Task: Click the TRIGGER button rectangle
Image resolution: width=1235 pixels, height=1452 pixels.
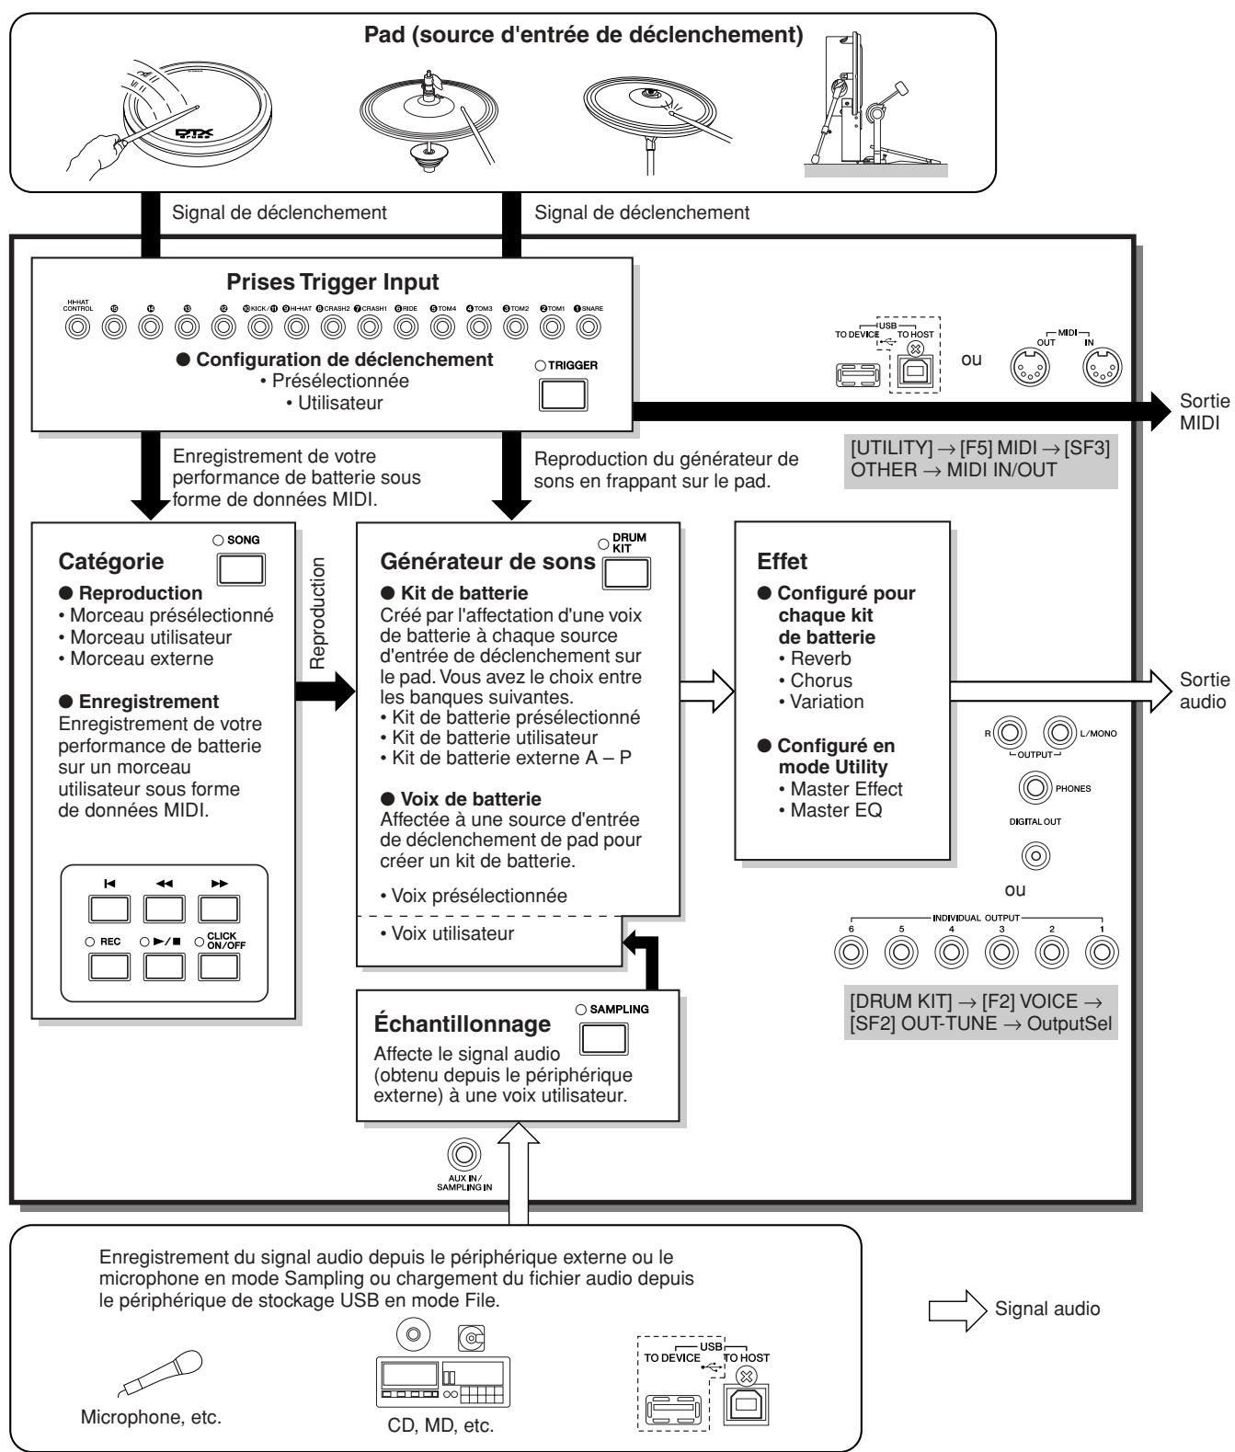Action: [x=563, y=394]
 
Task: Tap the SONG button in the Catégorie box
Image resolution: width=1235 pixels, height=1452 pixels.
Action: [x=241, y=569]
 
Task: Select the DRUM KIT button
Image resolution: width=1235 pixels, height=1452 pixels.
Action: [x=626, y=573]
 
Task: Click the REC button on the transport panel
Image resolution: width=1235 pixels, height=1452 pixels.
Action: [x=109, y=966]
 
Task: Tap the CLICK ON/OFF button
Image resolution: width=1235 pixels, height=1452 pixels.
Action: [x=219, y=966]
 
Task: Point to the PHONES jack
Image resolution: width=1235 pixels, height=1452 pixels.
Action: [x=1035, y=787]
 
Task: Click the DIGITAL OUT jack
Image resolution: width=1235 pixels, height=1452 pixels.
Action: [x=1035, y=855]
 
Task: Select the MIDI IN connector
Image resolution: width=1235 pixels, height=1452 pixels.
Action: [x=1103, y=367]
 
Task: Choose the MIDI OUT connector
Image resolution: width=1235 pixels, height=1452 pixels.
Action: [x=1030, y=367]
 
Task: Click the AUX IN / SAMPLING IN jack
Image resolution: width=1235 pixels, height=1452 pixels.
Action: [x=464, y=1155]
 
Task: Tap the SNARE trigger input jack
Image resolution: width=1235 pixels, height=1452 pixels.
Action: [x=589, y=326]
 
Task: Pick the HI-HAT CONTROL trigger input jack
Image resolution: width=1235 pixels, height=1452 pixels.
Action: [x=77, y=326]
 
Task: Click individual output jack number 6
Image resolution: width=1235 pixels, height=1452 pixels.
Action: [x=851, y=953]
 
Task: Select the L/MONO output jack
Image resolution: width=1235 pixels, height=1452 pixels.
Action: [x=1059, y=733]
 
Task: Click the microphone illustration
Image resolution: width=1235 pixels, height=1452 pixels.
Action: [x=160, y=1373]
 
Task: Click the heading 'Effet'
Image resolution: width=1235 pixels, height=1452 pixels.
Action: [x=782, y=561]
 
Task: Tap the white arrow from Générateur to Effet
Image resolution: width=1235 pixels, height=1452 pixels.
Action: [x=707, y=692]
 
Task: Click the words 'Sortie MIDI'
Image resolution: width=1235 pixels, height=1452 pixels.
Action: [x=1204, y=412]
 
